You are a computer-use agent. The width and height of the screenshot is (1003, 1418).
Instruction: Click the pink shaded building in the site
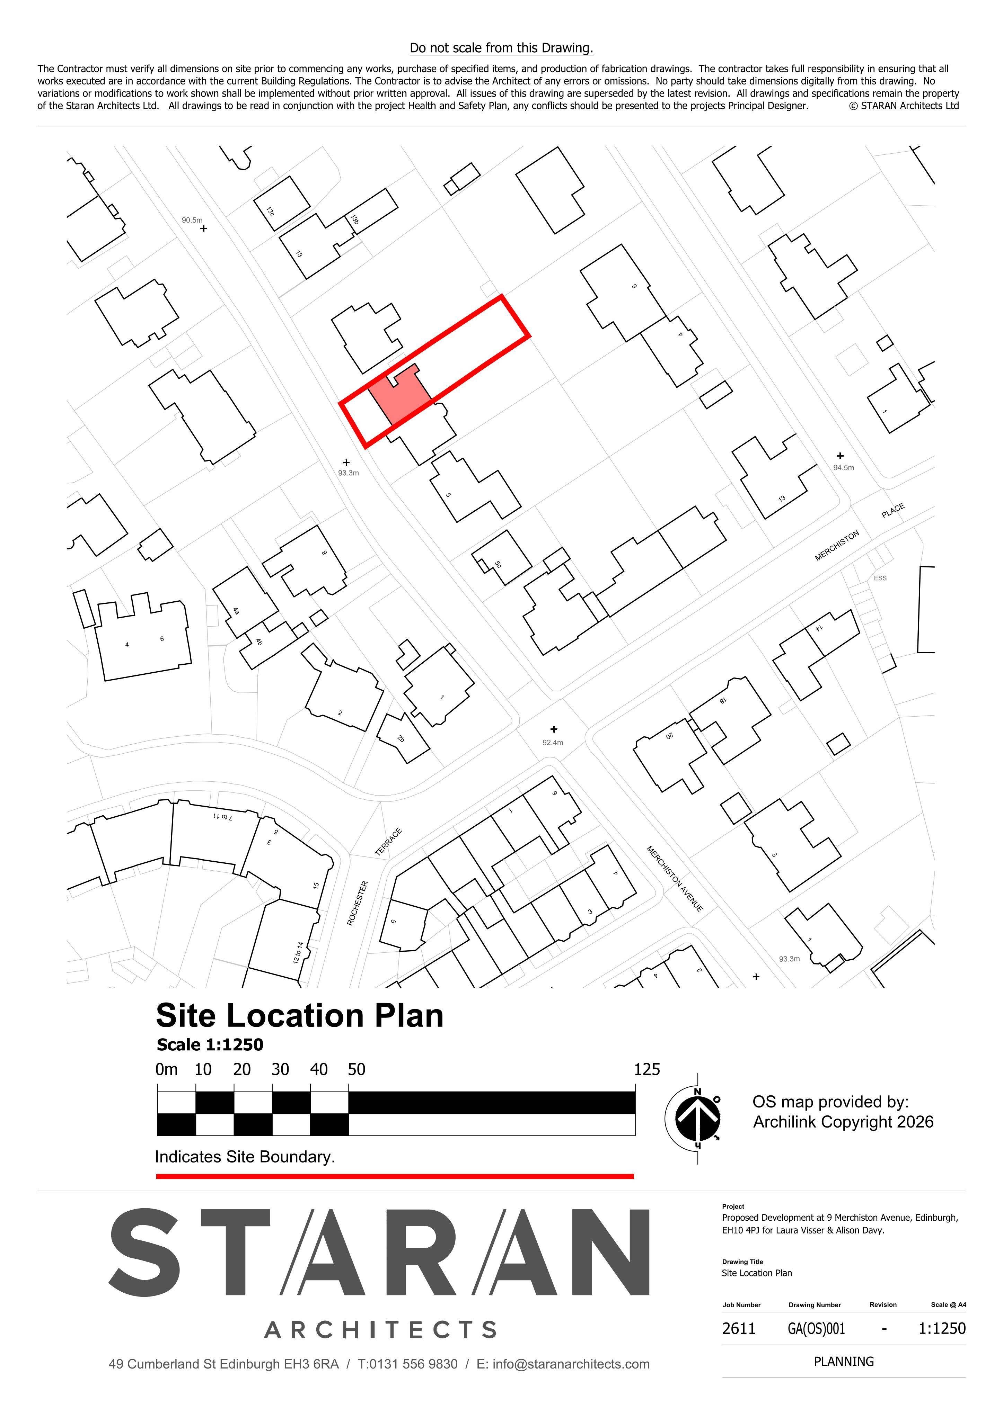coord(400,395)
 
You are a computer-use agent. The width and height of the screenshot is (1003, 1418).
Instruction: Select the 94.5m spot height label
coord(844,467)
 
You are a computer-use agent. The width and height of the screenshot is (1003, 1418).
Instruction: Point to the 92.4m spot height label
coord(553,742)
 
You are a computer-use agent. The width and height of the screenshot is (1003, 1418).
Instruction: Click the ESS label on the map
coord(880,578)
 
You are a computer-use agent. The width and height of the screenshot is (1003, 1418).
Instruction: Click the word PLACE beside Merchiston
coord(893,511)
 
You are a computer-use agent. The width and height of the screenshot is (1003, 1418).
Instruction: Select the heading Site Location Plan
coord(300,1016)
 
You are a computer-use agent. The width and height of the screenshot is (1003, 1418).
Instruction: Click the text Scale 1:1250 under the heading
coord(210,1045)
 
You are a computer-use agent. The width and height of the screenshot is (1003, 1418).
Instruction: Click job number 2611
coord(739,1328)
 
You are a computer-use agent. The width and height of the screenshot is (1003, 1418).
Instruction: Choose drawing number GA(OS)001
coord(816,1328)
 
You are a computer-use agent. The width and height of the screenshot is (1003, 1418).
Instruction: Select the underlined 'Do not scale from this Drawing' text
coord(501,48)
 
